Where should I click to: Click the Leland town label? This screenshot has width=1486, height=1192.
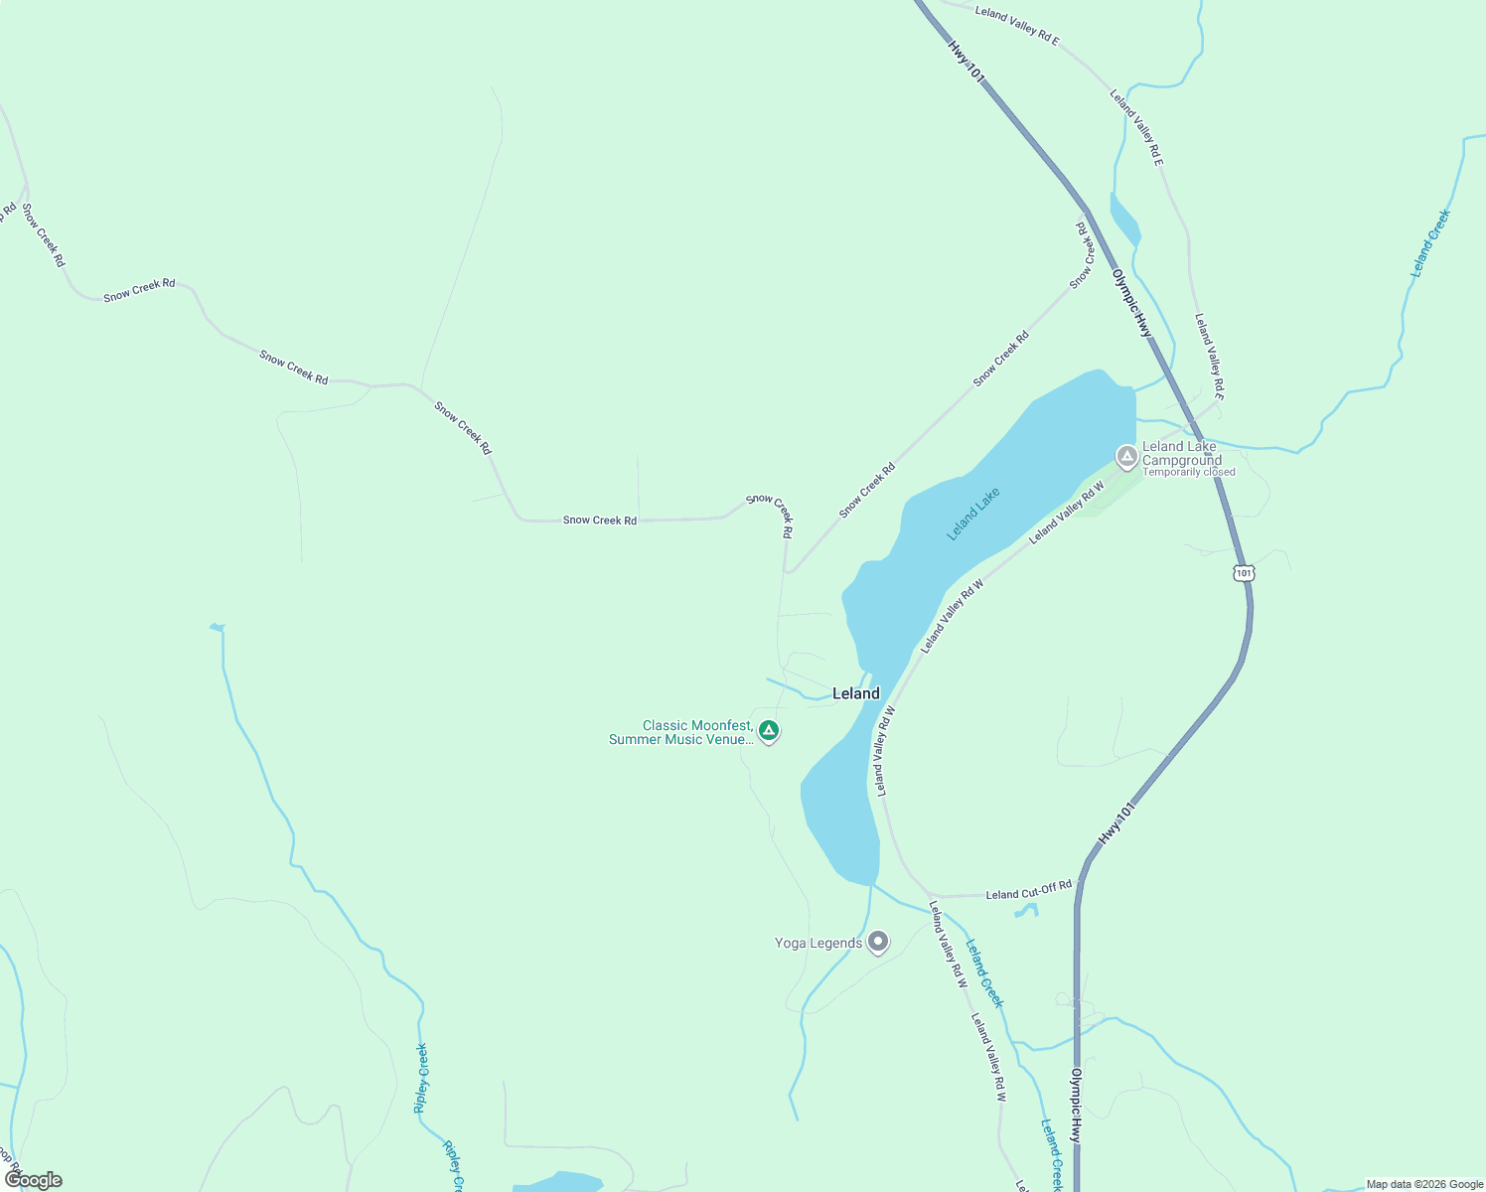(855, 693)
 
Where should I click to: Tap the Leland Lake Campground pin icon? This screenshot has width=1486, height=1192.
(1126, 457)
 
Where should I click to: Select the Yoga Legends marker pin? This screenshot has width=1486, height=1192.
(877, 942)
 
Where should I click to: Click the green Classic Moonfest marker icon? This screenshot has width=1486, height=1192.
(768, 731)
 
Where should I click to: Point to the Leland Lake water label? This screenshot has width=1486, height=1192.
(972, 514)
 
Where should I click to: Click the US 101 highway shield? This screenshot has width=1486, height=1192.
(1244, 573)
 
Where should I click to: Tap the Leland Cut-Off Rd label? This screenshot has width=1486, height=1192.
(1028, 890)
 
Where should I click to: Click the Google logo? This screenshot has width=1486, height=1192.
(34, 1180)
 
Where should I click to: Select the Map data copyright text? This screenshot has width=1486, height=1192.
(1424, 1184)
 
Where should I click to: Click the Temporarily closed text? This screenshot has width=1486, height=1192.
(1188, 473)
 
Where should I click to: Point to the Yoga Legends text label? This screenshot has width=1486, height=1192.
(818, 943)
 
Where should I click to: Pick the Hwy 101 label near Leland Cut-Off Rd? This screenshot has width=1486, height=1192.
(1115, 824)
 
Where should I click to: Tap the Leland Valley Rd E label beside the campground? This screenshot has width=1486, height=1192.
(1209, 357)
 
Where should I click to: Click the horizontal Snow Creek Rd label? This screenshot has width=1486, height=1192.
(599, 521)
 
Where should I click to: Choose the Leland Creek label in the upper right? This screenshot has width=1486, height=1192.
(1430, 242)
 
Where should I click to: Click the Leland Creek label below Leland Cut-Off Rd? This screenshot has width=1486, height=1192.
(984, 973)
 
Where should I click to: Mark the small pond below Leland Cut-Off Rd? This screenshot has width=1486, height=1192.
(1026, 910)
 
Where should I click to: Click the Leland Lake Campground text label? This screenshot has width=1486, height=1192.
(1180, 453)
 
